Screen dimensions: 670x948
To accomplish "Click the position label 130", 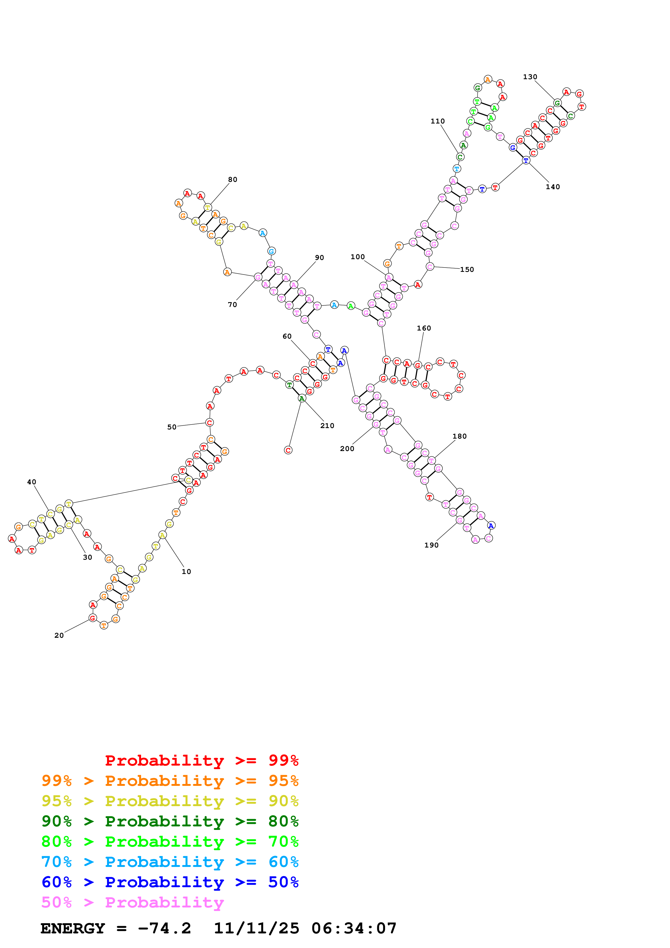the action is pos(530,77).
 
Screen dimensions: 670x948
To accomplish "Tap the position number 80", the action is pos(233,180).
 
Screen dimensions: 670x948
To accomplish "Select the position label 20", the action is pos(59,635).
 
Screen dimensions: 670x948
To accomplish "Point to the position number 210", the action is pos(327,426).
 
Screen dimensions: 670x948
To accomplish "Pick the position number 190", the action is pos(431,545).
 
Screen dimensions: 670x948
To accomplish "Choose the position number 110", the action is pos(438,121).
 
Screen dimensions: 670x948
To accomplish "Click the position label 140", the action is pos(553,187).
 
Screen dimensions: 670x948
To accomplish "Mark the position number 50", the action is pos(172,427).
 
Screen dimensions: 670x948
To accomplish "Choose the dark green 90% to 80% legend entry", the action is pos(170,821).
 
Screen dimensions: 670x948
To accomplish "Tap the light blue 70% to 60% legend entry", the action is pos(170,862).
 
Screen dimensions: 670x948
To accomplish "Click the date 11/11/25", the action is pos(256,929).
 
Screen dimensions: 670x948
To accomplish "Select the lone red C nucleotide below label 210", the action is pos(288,450).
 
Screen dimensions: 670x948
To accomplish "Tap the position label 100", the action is pos(358,257).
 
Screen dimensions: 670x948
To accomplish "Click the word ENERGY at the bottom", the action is pos(73,929).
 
